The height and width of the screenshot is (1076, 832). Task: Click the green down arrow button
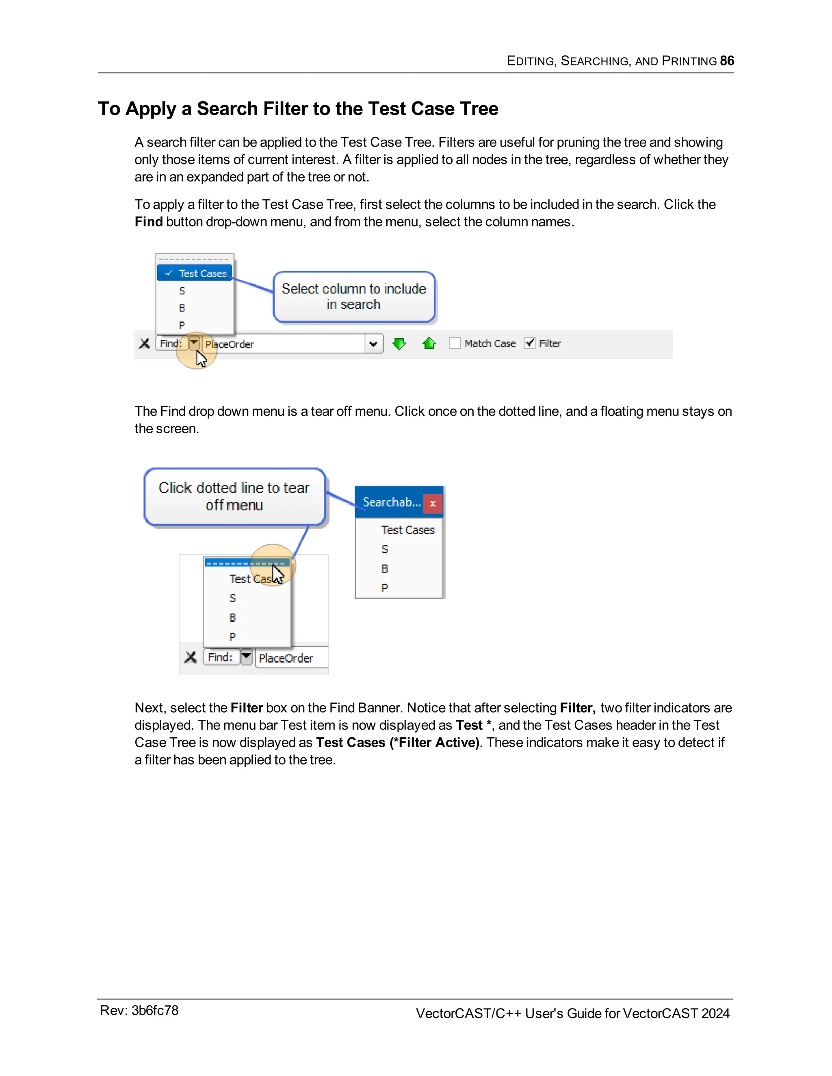[399, 344]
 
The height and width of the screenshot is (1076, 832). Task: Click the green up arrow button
[429, 344]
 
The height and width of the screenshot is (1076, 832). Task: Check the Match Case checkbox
[455, 343]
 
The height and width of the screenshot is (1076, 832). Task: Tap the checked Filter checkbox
[529, 343]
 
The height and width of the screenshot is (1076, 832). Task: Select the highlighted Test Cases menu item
[195, 273]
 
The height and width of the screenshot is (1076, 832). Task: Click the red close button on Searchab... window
[433, 503]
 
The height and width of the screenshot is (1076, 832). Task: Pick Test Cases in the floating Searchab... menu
[407, 529]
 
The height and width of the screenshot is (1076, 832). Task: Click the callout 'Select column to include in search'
[354, 296]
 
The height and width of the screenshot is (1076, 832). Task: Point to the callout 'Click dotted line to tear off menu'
[234, 496]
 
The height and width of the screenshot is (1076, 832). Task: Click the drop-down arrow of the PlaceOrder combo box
[373, 344]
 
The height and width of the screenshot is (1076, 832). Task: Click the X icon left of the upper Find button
[144, 344]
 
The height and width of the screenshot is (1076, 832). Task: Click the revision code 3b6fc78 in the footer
[155, 1011]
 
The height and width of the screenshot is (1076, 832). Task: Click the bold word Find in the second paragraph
[148, 222]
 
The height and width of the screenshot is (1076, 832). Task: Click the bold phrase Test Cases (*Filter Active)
[397, 743]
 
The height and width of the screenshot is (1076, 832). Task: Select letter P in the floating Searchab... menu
[384, 588]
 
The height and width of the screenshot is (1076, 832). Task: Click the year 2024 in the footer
[715, 1013]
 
